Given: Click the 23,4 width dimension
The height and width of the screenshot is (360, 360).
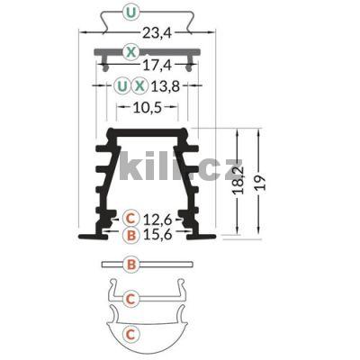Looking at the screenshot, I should coord(156,32).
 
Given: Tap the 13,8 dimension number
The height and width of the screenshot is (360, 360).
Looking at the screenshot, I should coord(166,86).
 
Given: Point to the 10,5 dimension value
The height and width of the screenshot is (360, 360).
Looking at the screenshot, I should coord(148,107).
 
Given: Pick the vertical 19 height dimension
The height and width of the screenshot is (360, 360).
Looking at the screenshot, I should coord(260,183).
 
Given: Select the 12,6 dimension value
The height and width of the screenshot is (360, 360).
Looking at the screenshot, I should coord(159,218).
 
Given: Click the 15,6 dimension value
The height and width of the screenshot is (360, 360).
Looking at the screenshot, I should coord(159,235).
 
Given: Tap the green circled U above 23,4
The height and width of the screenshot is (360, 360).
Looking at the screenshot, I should coord(132,13).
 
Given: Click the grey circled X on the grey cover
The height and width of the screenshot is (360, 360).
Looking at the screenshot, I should coord(131,51).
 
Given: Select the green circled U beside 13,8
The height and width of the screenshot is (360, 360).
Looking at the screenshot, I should coord(121,86).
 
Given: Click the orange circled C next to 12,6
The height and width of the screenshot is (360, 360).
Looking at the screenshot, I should coord(132,218).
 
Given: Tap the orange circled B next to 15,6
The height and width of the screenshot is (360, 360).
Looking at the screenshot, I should coord(132,235).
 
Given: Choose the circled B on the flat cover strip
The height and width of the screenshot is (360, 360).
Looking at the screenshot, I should coord(132,265).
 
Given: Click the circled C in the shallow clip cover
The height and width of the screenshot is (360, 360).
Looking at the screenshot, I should coord(132,298).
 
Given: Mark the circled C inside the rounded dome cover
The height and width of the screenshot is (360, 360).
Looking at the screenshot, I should coord(132,334).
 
